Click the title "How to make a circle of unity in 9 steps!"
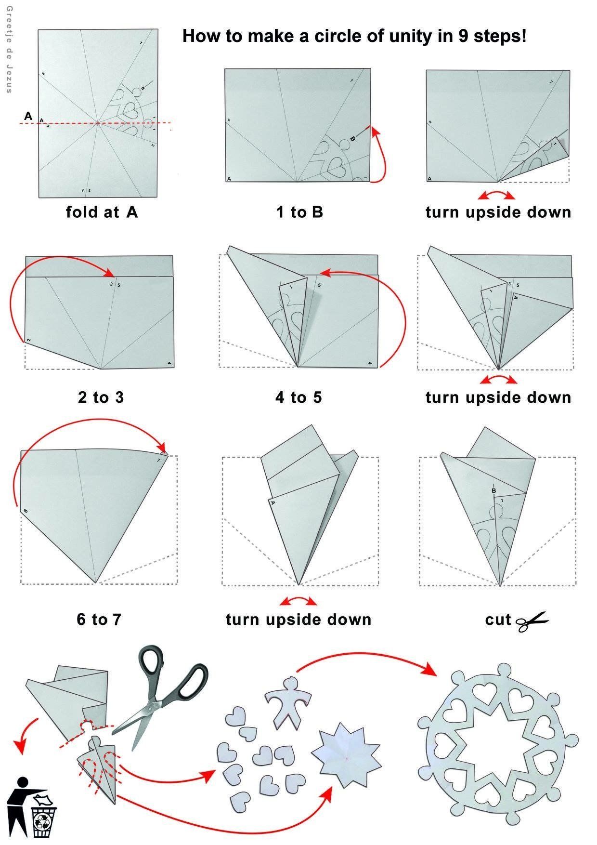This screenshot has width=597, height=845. pos(354,36)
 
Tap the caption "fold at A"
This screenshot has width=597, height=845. pos(102,212)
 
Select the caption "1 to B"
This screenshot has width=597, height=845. pos(299,212)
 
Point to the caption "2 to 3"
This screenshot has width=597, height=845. pos(101,397)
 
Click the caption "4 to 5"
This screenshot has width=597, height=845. pos(298,397)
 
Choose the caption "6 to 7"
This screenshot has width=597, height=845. pos(99,619)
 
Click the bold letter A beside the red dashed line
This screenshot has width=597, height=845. pos(28,116)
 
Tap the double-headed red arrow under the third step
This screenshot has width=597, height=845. pos(496,195)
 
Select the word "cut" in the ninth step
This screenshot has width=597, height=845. pos(498,620)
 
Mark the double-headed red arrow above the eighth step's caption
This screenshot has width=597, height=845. pos(298,601)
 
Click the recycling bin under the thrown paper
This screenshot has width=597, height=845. pos(44,823)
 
